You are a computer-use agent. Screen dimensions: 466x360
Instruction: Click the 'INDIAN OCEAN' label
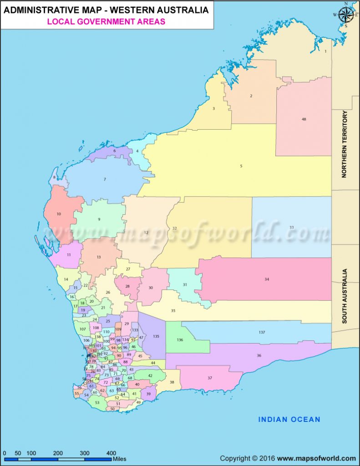click(289, 419)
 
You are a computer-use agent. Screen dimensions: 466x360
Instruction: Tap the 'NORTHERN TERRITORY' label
click(345, 144)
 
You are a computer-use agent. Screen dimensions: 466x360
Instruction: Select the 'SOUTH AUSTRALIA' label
click(345, 296)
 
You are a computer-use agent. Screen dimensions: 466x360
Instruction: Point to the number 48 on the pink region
click(304, 119)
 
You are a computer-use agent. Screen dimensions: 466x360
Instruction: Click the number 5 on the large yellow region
click(241, 166)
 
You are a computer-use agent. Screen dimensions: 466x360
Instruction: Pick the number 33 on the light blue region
click(291, 227)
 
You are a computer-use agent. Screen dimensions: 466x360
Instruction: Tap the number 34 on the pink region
click(267, 279)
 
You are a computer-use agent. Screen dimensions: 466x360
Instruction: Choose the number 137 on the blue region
click(262, 332)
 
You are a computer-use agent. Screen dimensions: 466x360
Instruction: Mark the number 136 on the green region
click(180, 340)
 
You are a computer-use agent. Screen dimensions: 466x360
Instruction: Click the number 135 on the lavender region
click(156, 336)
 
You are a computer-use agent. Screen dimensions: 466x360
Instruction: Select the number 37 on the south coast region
click(210, 378)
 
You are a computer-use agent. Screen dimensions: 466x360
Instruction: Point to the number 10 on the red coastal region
click(59, 214)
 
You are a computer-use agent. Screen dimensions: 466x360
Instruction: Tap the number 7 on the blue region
click(105, 179)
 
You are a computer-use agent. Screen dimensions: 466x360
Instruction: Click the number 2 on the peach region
click(251, 96)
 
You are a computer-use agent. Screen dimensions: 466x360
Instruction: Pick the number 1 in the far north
click(325, 51)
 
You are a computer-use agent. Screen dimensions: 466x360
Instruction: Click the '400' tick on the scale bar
click(111, 453)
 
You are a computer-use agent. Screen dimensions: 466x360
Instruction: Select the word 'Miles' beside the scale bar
click(120, 459)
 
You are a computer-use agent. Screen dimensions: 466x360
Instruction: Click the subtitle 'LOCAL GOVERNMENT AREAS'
click(107, 22)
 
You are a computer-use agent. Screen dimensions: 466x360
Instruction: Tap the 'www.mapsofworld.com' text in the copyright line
click(316, 458)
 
